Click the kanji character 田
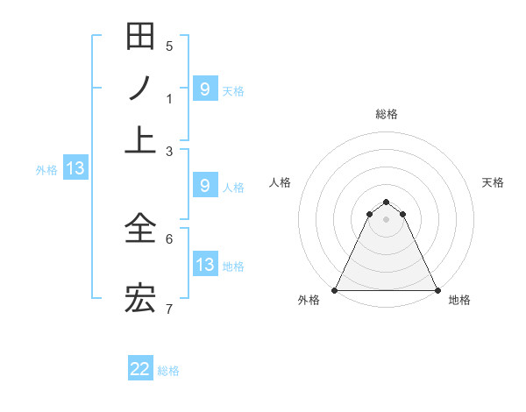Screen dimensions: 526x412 [x=140, y=38]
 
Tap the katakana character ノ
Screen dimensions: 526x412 [x=140, y=89]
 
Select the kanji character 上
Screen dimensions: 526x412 [x=140, y=139]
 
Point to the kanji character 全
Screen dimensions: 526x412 [x=140, y=230]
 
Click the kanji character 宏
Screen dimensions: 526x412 [x=140, y=299]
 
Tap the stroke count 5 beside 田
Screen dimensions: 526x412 [x=169, y=46]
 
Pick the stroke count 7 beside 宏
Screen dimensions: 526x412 [x=169, y=309]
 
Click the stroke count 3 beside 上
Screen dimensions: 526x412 [x=169, y=151]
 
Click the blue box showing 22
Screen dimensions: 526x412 [x=140, y=369]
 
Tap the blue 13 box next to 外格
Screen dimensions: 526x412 [x=75, y=168]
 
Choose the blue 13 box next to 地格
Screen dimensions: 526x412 [x=205, y=265]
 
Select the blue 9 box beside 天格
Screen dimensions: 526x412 [x=205, y=89]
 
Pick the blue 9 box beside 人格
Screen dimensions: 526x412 [x=205, y=186]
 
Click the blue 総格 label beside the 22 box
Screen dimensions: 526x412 [x=168, y=370]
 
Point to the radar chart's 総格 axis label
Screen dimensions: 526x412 [x=386, y=114]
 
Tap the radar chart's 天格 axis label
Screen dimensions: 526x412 [x=493, y=182]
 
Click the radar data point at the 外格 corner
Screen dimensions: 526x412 [x=335, y=290]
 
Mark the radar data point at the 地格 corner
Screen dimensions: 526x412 [x=437, y=290]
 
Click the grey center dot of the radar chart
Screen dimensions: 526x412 [x=386, y=219]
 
